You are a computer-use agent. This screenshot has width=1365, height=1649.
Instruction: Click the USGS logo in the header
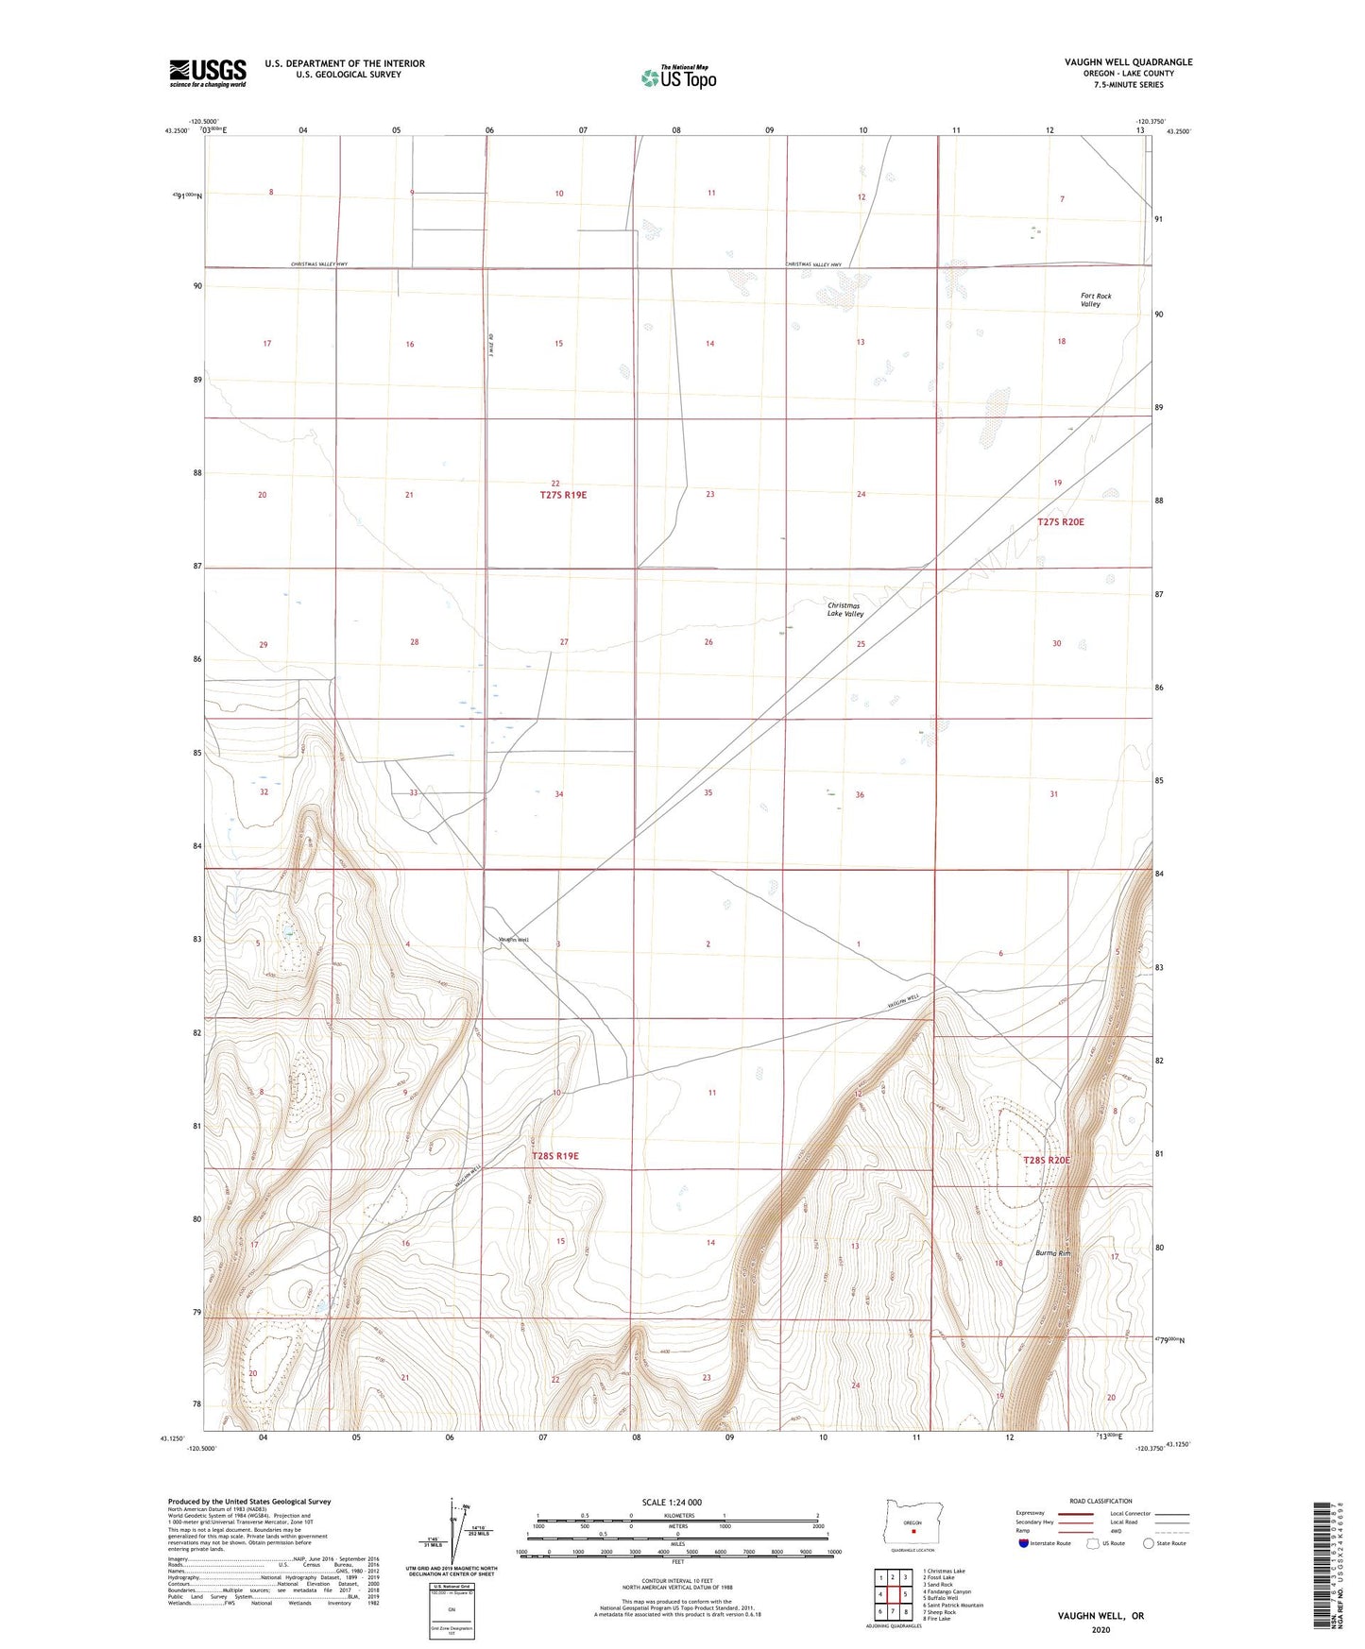tap(208, 73)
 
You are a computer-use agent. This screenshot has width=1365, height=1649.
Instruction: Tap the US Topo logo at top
tap(677, 77)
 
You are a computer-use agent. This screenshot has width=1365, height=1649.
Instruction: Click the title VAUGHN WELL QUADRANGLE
tap(1128, 62)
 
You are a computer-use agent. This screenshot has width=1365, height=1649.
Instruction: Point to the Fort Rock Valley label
tap(1096, 300)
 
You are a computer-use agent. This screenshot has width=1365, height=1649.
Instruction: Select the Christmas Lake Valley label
tap(845, 609)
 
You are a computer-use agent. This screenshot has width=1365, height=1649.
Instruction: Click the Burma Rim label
tap(1052, 1253)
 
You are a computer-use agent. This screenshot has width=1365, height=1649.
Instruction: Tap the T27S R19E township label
tap(564, 495)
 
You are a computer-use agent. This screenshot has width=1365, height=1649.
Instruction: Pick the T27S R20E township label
tap(1060, 521)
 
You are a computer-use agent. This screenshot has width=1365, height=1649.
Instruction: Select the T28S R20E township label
tap(1047, 1160)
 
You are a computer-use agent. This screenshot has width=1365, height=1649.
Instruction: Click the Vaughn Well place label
tap(514, 940)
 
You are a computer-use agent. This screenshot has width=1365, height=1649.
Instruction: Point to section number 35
tap(708, 793)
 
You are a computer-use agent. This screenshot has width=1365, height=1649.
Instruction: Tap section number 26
tap(708, 642)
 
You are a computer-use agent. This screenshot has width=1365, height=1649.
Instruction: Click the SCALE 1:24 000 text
tap(672, 1503)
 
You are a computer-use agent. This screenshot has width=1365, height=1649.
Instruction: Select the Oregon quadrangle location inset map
tap(912, 1523)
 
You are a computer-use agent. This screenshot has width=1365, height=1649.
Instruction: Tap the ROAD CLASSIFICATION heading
tap(1101, 1501)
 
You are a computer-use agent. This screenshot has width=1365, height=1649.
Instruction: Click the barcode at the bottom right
tap(1324, 1565)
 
